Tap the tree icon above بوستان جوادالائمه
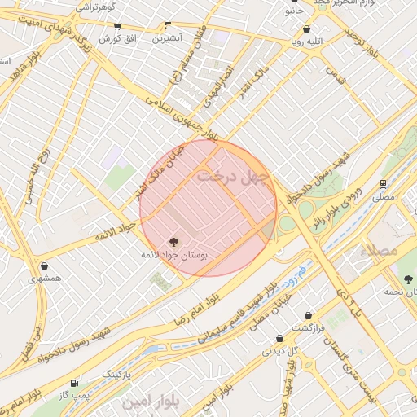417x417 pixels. click(172, 241)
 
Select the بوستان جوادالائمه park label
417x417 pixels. click(175, 255)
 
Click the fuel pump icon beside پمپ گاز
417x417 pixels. click(75, 382)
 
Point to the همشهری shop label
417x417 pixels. click(43, 278)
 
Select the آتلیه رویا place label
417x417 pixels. click(307, 39)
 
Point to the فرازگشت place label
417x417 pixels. click(309, 327)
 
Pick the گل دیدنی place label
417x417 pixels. click(279, 351)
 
